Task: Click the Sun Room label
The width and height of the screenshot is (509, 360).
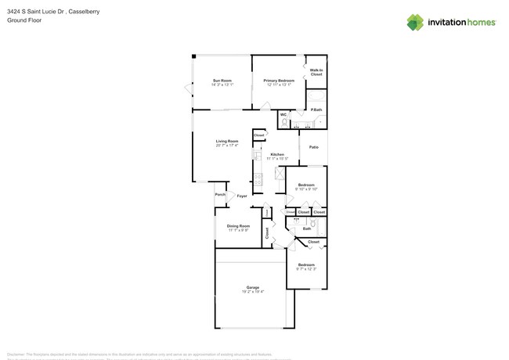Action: pyautogui.click(x=222, y=81)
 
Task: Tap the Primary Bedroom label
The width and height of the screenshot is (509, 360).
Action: pyautogui.click(x=279, y=81)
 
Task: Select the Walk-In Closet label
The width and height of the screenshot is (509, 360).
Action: pyautogui.click(x=316, y=72)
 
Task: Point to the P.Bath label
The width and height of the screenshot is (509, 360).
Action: pyautogui.click(x=317, y=110)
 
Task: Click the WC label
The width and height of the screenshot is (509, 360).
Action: pyautogui.click(x=283, y=115)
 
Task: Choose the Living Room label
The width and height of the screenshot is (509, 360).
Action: pyautogui.click(x=227, y=142)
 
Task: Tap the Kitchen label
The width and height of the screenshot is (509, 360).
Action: pyautogui.click(x=277, y=155)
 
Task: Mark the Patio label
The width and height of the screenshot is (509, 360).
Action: pyautogui.click(x=314, y=147)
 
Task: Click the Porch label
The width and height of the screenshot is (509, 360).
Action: pyautogui.click(x=220, y=195)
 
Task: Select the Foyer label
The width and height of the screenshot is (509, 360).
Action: pyautogui.click(x=242, y=196)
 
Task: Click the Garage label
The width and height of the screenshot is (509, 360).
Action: pyautogui.click(x=252, y=287)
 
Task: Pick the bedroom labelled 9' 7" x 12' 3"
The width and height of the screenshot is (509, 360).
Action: pyautogui.click(x=305, y=265)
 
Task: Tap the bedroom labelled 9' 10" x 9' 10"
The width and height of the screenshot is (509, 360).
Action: pyautogui.click(x=305, y=187)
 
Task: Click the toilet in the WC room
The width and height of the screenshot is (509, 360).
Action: pyautogui.click(x=285, y=123)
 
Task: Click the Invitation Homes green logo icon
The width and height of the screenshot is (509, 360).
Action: pyautogui.click(x=415, y=22)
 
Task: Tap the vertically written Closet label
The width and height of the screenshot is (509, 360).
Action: pyautogui.click(x=266, y=232)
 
